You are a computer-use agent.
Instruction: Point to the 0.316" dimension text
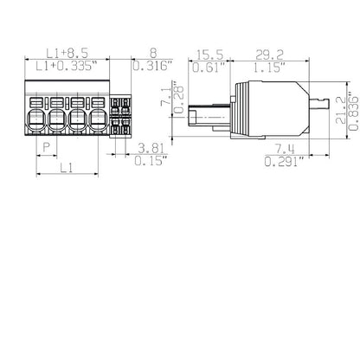point(154,67)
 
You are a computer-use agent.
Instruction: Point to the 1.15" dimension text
point(274,67)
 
